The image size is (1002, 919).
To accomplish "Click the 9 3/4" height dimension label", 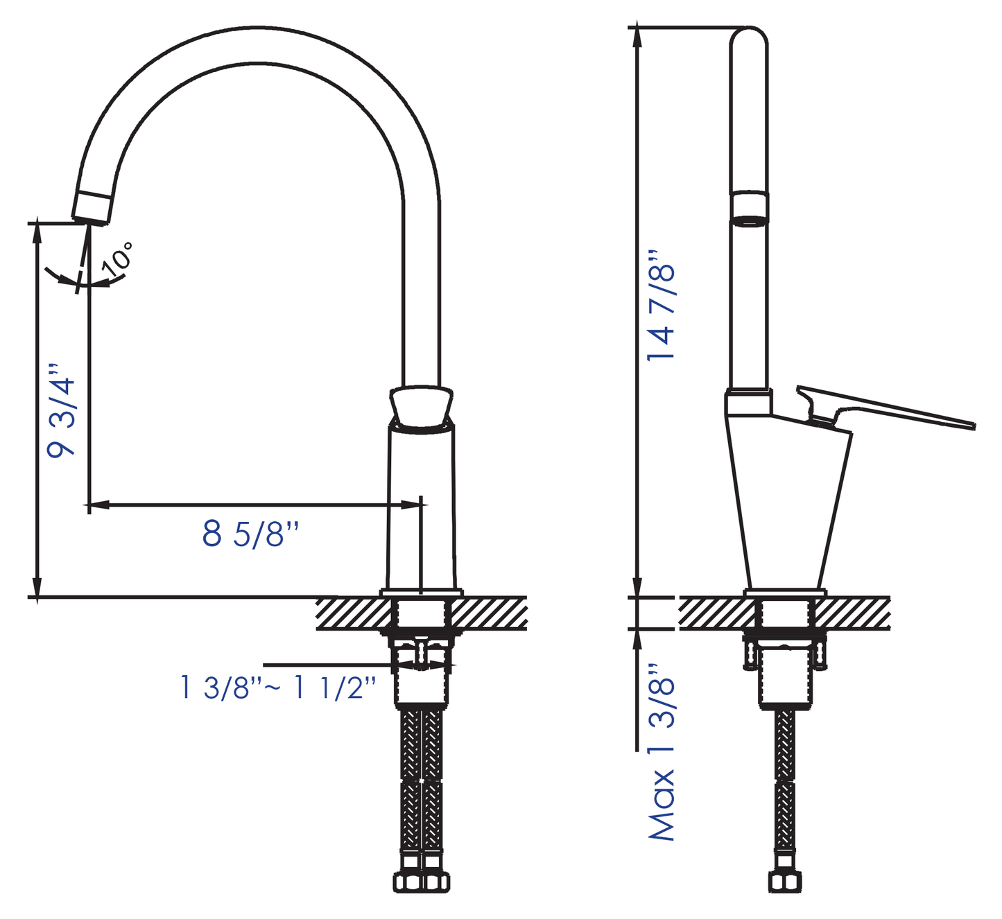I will pos(61,410).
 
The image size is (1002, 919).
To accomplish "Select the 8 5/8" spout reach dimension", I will pos(251,534).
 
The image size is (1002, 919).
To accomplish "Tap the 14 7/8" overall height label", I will pos(661,305).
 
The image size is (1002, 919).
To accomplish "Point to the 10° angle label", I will pos(118,258).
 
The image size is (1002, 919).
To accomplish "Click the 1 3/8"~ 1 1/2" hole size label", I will pos(278,688).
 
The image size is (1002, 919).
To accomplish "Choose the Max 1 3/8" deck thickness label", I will pos(661,752).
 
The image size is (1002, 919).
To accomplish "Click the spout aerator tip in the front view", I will pos(92,207).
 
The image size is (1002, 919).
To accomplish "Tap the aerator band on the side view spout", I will pos(750,209).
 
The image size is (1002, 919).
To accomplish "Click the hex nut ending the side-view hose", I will pos(785,882).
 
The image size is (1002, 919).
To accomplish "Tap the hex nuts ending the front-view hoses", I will pos(422,882).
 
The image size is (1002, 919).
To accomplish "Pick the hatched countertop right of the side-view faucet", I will pos(853,613).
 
